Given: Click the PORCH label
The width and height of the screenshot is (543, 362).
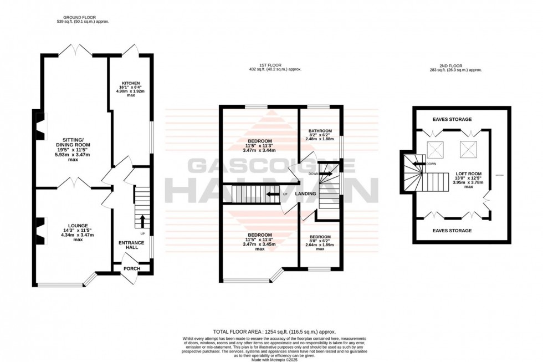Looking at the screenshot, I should [x=132, y=269].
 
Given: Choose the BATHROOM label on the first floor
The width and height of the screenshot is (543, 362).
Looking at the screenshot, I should [x=320, y=131].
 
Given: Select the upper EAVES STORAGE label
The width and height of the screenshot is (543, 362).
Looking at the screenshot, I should [x=453, y=119].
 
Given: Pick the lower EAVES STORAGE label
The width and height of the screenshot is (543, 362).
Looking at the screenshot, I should [x=453, y=230].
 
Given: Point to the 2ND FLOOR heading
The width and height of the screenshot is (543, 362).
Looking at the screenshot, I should [x=456, y=65].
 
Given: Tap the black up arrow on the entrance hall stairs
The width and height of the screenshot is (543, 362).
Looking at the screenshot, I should [x=141, y=221].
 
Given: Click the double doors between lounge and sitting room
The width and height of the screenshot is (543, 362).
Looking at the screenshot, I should [x=74, y=183].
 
